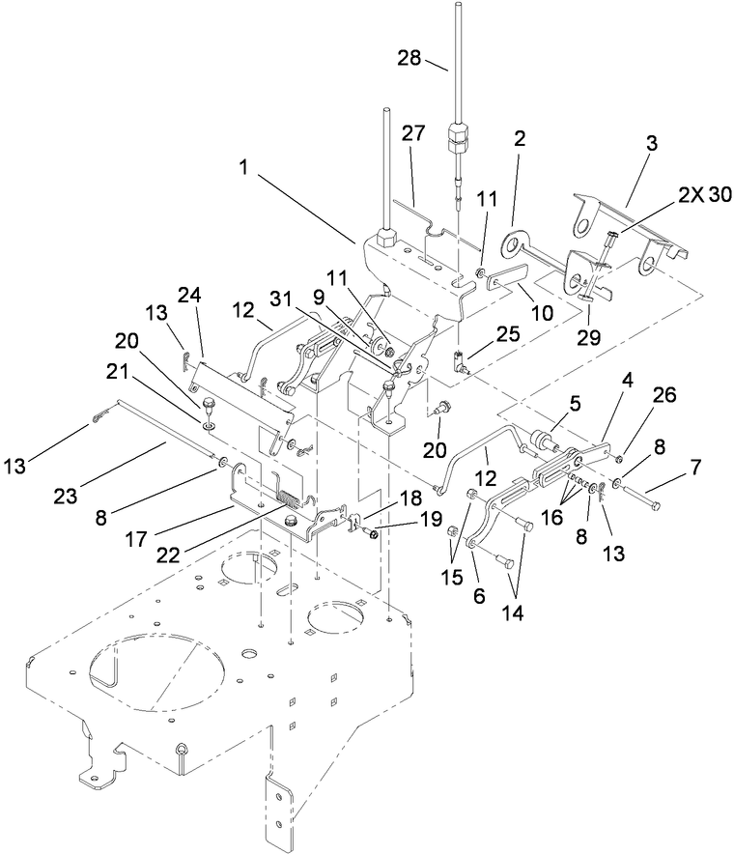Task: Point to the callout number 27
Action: click(x=413, y=135)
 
